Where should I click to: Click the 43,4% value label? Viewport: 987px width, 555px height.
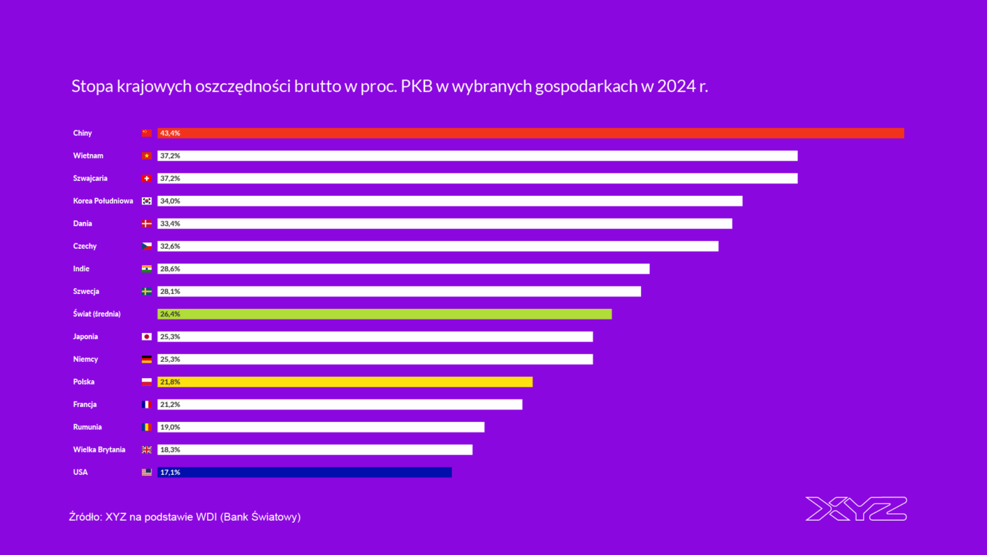click(170, 133)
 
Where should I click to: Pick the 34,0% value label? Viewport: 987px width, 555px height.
click(170, 201)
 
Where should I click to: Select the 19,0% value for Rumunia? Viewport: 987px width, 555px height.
click(170, 427)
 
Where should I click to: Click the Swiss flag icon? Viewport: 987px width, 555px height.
click(147, 178)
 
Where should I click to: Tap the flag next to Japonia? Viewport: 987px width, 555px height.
click(147, 336)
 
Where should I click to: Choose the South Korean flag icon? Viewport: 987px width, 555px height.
click(147, 201)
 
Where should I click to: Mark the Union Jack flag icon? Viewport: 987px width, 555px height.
click(147, 449)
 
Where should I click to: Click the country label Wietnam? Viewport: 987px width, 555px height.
click(88, 156)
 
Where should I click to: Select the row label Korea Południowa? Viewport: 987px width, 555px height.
click(103, 201)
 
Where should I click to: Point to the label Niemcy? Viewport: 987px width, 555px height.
click(86, 359)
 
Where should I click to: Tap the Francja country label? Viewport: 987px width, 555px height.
click(85, 404)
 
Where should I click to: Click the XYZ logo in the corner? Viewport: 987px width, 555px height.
click(856, 508)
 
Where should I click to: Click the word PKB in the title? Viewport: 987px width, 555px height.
click(417, 87)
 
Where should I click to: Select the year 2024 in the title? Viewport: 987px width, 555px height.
click(674, 87)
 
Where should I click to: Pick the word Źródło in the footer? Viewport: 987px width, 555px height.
click(84, 517)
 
